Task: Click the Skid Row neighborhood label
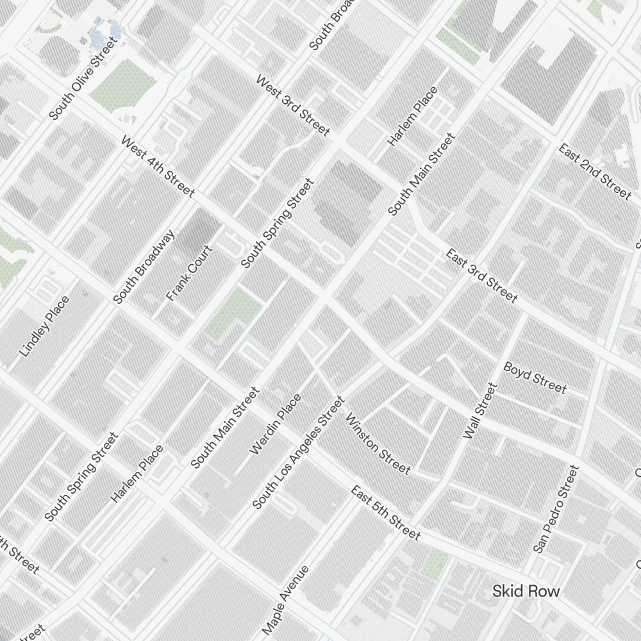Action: point(526,591)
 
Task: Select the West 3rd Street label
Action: point(293,106)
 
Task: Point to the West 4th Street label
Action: point(157,167)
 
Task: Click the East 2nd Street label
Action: point(594,171)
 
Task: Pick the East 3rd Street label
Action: point(481,275)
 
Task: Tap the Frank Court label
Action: point(189,273)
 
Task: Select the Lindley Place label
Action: point(44,326)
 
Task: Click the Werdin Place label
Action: point(275,424)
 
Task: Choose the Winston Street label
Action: point(378,444)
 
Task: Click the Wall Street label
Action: point(480,411)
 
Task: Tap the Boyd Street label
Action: point(535,378)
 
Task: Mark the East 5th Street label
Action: point(385,512)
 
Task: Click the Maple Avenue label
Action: point(286,600)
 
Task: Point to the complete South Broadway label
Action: point(144,266)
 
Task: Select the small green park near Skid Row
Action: point(436,563)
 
